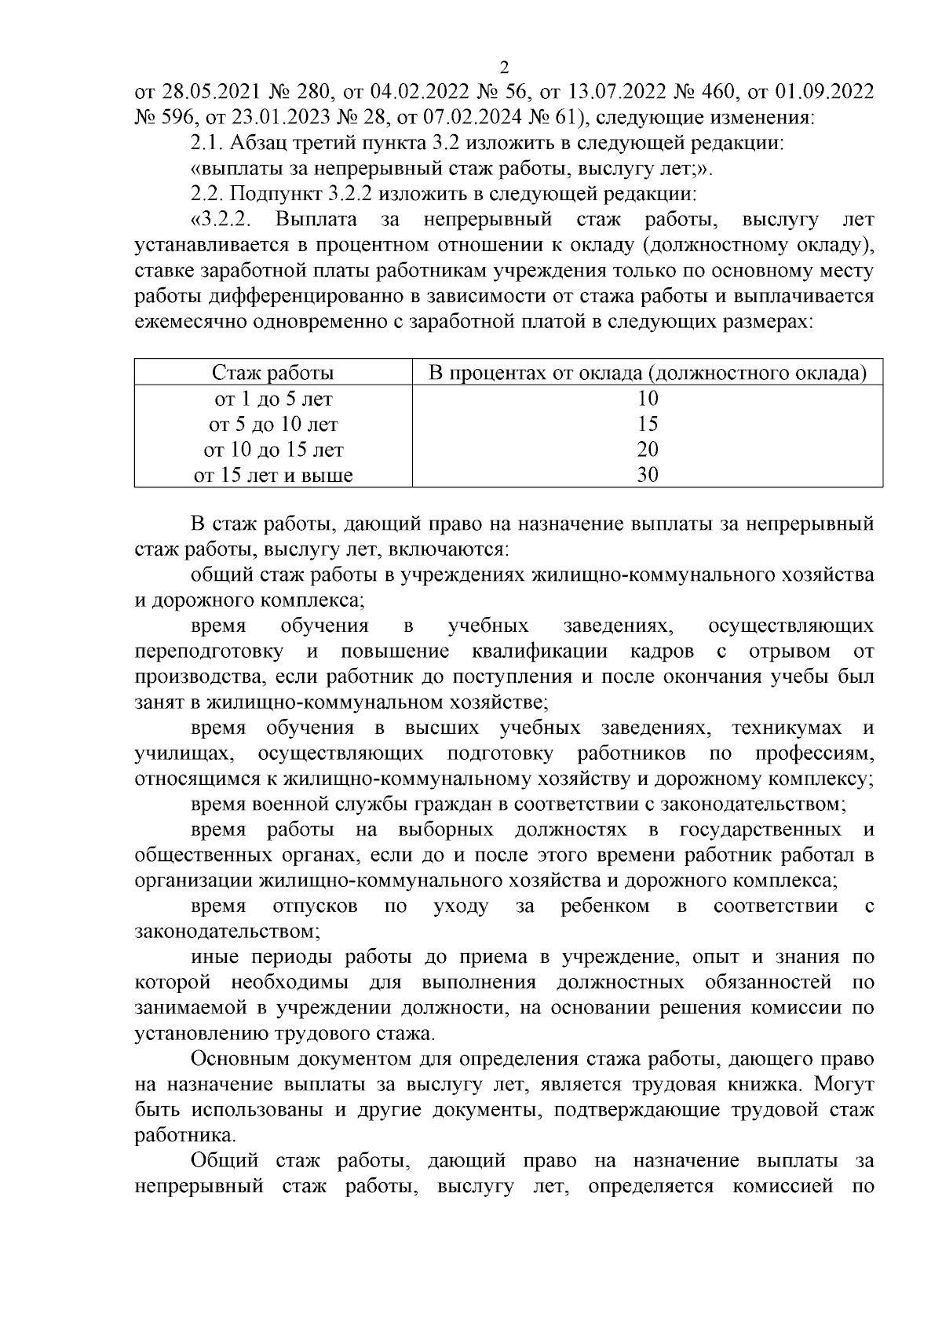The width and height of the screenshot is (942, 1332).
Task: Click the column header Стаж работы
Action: pos(273,373)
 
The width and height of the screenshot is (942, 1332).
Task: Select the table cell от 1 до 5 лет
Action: pos(273,399)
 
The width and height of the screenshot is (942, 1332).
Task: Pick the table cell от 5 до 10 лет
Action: pos(273,425)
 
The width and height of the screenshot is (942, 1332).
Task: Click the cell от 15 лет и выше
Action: pos(273,475)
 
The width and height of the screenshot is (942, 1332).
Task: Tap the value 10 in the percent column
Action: pos(648,399)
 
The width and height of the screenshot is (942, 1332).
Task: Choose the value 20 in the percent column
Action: pos(648,450)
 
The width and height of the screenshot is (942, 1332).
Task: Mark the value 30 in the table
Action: pos(648,475)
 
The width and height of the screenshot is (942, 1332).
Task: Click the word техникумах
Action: pos(786,728)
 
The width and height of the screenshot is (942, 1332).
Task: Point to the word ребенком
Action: pos(604,907)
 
